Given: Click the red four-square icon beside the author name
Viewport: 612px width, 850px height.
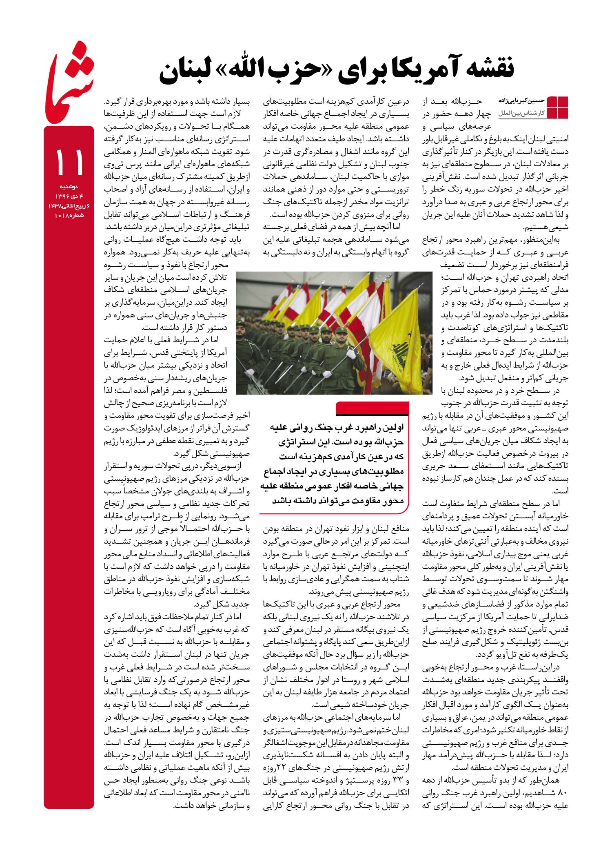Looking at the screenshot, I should pyautogui.click(x=557, y=107).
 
